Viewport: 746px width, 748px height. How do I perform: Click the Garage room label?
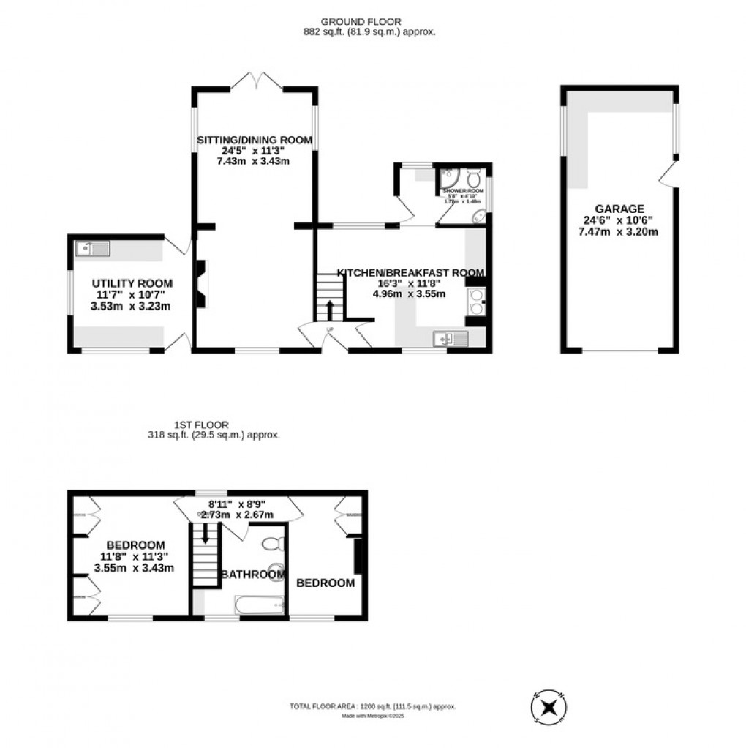(618, 208)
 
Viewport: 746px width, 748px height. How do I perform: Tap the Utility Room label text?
(132, 283)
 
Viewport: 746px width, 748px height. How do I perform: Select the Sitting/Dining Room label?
(254, 141)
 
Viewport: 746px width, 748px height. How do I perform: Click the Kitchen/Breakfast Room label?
(410, 272)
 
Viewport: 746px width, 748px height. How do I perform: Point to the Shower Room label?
(458, 190)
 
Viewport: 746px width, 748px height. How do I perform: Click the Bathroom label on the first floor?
(254, 575)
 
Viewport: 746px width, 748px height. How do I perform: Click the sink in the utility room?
(92, 249)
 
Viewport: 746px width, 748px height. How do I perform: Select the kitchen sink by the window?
(445, 338)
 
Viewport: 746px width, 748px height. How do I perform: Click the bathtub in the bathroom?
(257, 604)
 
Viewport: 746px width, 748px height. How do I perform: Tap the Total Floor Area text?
(373, 706)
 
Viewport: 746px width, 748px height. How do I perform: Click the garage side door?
(667, 175)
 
